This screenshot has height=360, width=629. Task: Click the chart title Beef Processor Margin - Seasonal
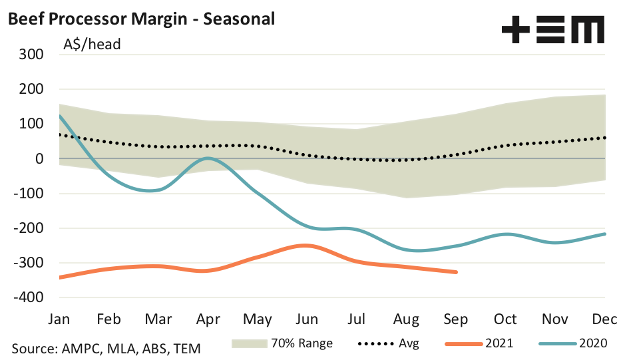pyautogui.click(x=141, y=19)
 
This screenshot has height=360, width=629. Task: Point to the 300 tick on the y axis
pyautogui.click(x=31, y=54)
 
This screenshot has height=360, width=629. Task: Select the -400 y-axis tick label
pyautogui.click(x=28, y=297)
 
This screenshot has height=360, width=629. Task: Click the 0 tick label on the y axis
pyautogui.click(x=39, y=158)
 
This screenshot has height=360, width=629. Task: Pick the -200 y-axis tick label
pyautogui.click(x=28, y=228)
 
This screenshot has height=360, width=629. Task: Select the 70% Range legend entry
pyautogui.click(x=282, y=344)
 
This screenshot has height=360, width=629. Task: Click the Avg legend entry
pyautogui.click(x=393, y=344)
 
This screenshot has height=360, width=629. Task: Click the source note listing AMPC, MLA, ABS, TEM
pyautogui.click(x=106, y=347)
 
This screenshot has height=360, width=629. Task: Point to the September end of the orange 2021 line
pyautogui.click(x=457, y=271)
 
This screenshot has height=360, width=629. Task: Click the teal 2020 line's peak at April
pyautogui.click(x=208, y=158)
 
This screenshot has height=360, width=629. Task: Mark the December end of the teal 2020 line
pyautogui.click(x=605, y=234)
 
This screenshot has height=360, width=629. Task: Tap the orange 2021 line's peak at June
pyautogui.click(x=306, y=246)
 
